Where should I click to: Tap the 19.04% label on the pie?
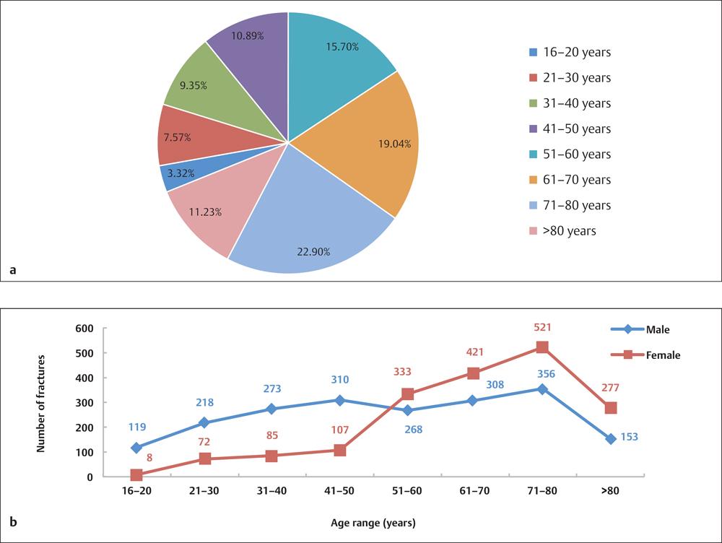coord(395,144)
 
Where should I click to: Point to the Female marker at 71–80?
coord(542,347)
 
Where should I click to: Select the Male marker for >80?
coord(611,439)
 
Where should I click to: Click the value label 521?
coord(542,328)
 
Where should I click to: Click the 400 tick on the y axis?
coord(87,378)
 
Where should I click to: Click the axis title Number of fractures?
coord(41,403)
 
